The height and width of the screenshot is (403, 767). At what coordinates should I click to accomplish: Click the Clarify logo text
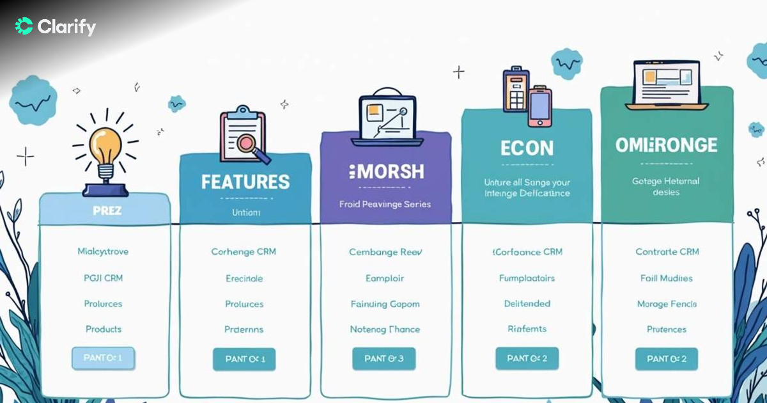[66, 27]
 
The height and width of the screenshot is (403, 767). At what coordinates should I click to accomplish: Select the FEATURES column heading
[245, 182]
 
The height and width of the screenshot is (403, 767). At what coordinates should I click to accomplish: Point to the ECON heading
[527, 148]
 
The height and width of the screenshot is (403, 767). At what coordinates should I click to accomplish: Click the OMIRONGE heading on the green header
[666, 145]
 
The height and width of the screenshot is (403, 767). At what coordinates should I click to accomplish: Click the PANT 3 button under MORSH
[383, 359]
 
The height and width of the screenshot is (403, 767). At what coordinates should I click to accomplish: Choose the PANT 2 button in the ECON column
[527, 359]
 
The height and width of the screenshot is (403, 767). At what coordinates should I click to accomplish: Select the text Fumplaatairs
[527, 278]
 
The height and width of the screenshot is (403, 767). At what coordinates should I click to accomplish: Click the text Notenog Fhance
[385, 329]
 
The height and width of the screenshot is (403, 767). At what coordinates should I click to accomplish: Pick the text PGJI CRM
[103, 278]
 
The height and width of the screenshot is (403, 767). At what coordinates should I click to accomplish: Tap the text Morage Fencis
[667, 304]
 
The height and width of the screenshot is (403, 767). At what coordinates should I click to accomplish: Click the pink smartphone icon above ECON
[539, 106]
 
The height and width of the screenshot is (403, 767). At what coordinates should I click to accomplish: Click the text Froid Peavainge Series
[385, 204]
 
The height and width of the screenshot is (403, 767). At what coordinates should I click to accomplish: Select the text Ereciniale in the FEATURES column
[244, 278]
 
